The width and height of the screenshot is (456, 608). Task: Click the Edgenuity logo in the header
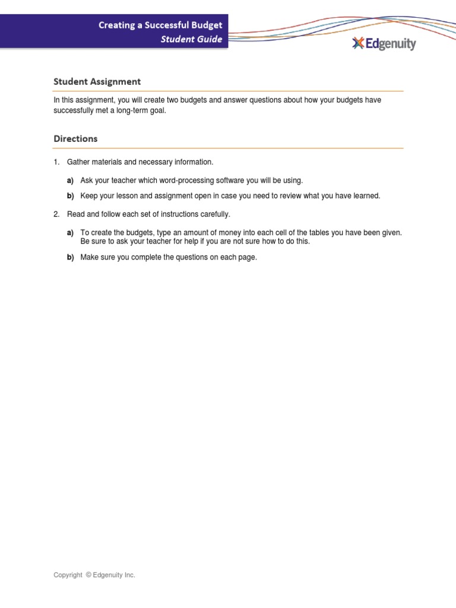coord(384,43)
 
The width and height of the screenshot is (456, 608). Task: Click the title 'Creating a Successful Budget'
coord(160,26)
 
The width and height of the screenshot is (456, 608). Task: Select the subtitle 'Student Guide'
coord(191,39)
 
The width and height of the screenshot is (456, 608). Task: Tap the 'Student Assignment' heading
coord(97,81)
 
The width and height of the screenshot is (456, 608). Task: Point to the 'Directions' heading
coord(75,138)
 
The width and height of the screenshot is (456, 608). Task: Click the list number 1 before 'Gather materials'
coord(56,162)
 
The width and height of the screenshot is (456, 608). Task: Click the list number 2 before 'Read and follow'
coord(56,214)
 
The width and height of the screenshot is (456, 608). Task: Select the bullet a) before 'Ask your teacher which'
coord(70,180)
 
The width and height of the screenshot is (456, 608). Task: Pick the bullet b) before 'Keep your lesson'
coord(70,196)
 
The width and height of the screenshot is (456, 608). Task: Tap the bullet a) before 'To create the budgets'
coord(70,233)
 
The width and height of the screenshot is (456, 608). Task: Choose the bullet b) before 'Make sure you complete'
coord(70,257)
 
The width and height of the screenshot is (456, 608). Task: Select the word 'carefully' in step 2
coord(214,214)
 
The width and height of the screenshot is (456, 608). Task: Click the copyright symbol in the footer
coord(88,575)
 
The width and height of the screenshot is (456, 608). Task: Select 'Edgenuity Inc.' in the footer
coord(114,575)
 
